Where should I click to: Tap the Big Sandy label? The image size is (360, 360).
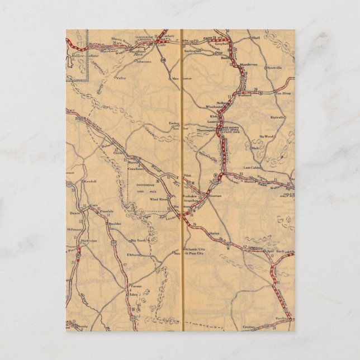coord(138,240)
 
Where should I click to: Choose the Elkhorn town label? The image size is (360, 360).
coord(133,254)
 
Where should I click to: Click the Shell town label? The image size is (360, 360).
coord(257,38)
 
